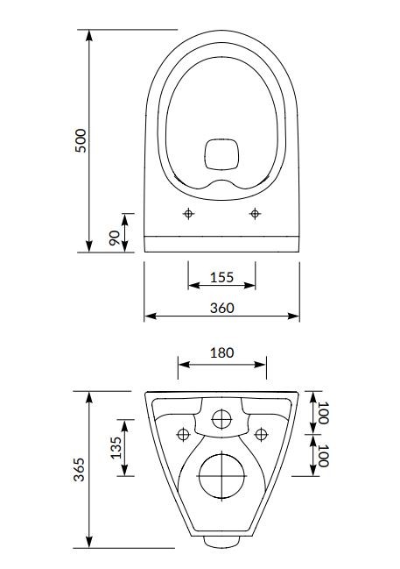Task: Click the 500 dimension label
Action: (x=81, y=140)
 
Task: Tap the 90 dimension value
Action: (x=115, y=238)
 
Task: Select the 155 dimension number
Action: (x=221, y=277)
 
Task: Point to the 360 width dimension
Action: (x=221, y=308)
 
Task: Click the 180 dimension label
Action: (x=221, y=352)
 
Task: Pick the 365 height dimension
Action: (x=79, y=469)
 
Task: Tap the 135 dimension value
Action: (x=116, y=448)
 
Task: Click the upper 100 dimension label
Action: (x=322, y=413)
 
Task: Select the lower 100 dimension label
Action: (x=322, y=455)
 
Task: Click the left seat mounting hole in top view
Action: (x=188, y=213)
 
